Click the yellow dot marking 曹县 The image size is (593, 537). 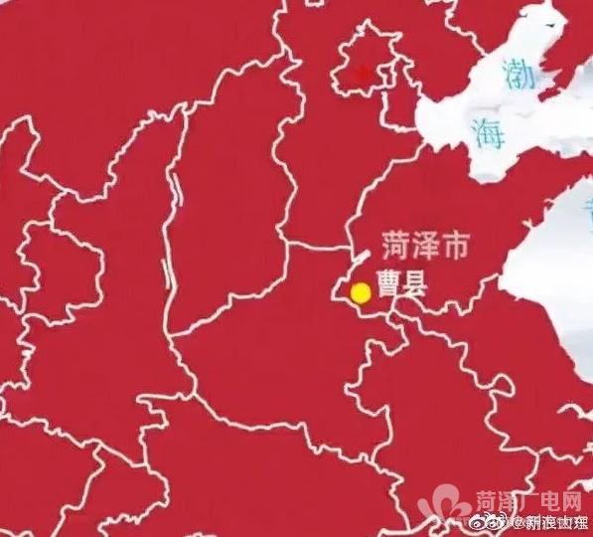pos(361,292)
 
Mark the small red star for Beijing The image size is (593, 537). pos(364,73)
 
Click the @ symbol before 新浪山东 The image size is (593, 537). pos(500,522)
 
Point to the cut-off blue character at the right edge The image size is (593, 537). pos(588,214)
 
